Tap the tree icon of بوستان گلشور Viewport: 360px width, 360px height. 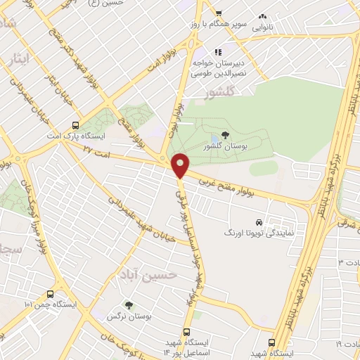pyautogui.click(x=225, y=134)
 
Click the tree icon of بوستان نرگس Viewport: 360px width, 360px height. pyautogui.click(x=129, y=304)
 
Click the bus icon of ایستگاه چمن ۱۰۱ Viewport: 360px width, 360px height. pyautogui.click(x=49, y=294)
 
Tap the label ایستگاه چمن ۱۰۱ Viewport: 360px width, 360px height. pyautogui.click(x=49, y=305)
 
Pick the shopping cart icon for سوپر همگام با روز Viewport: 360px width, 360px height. pyautogui.click(x=219, y=13)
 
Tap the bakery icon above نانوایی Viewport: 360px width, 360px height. pyautogui.click(x=263, y=15)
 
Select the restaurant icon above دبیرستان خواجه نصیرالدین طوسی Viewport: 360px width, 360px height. pyautogui.click(x=219, y=52)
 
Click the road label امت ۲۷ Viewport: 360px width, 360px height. pyautogui.click(x=96, y=150)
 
